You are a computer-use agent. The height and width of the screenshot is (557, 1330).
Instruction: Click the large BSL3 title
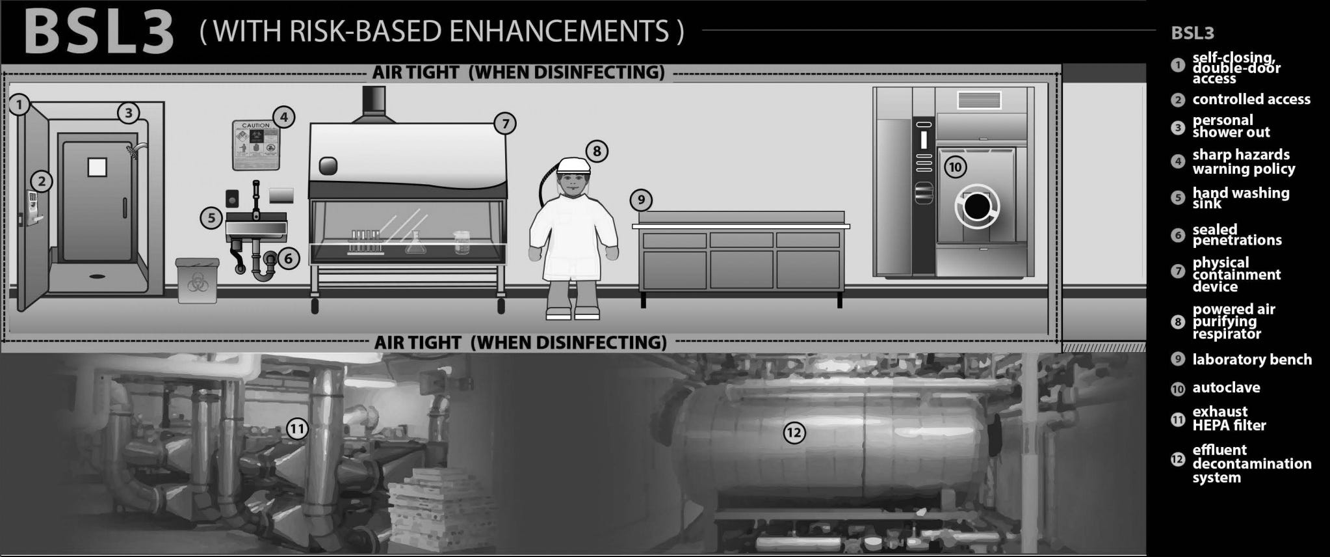99,32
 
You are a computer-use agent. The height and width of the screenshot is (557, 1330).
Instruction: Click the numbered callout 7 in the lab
504,124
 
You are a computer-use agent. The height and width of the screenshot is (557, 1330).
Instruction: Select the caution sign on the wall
255,145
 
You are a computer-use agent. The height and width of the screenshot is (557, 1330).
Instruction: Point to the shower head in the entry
134,151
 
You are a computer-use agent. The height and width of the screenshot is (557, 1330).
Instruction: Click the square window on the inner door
97,167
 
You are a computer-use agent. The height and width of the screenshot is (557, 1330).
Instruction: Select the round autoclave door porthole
975,207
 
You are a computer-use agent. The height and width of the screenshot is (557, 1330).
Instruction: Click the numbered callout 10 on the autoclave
955,167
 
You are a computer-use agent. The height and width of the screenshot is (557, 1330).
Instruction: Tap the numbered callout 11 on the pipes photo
297,429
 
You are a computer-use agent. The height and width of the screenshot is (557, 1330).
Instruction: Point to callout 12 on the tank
794,433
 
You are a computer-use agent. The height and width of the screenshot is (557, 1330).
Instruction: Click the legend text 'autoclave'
1226,388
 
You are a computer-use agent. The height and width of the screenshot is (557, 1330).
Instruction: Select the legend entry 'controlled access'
1251,100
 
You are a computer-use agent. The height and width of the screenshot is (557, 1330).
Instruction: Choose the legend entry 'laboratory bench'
1251,360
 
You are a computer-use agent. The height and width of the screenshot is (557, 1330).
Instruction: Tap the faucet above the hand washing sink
257,198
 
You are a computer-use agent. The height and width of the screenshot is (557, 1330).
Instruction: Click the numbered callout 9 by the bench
641,200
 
